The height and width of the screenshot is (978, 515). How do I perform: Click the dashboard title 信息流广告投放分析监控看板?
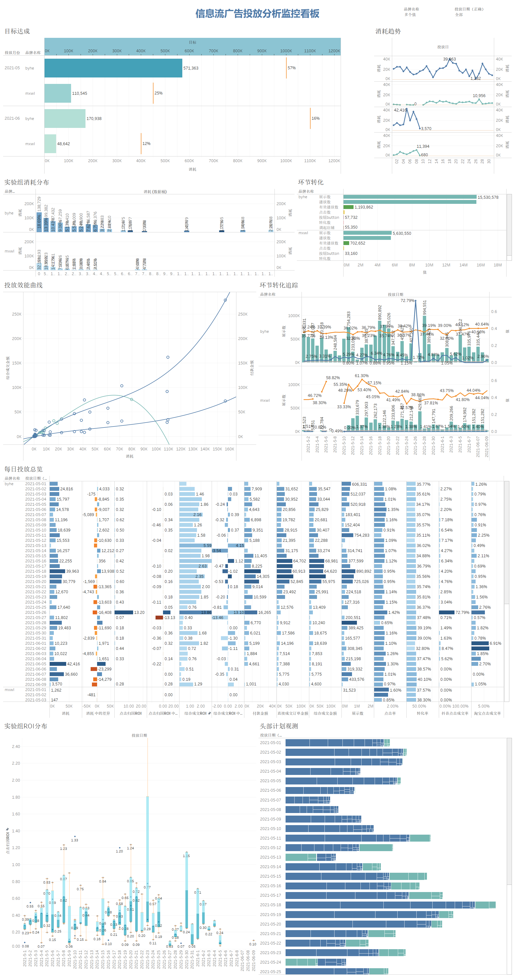[x=257, y=14]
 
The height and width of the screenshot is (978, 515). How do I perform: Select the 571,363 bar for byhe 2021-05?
[x=113, y=68]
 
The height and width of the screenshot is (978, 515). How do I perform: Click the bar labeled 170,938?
[x=65, y=118]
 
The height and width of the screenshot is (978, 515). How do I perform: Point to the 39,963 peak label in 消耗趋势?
[x=449, y=59]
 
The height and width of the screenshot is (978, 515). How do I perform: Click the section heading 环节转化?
[x=310, y=182]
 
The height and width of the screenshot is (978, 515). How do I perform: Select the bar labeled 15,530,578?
[x=409, y=197]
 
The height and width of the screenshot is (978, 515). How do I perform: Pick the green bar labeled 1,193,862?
[x=348, y=207]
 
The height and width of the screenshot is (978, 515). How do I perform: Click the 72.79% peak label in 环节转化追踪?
[x=407, y=300]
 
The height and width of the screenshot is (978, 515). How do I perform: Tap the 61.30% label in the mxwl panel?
[x=361, y=376]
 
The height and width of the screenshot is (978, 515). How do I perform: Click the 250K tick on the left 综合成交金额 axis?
[x=17, y=314]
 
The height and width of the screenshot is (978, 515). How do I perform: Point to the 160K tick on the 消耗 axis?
[x=229, y=449]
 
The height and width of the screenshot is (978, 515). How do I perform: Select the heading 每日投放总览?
[x=23, y=469]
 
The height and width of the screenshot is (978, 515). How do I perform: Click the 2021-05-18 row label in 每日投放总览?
[x=36, y=571]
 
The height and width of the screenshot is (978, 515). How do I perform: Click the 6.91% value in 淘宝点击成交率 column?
[x=495, y=643]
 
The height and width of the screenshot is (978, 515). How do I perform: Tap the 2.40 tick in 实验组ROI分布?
[x=16, y=746]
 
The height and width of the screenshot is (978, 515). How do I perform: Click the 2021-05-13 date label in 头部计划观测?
[x=270, y=857]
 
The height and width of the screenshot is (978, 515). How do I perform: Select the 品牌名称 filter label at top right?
[x=411, y=9]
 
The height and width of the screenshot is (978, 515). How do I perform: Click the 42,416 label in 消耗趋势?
[x=400, y=110]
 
